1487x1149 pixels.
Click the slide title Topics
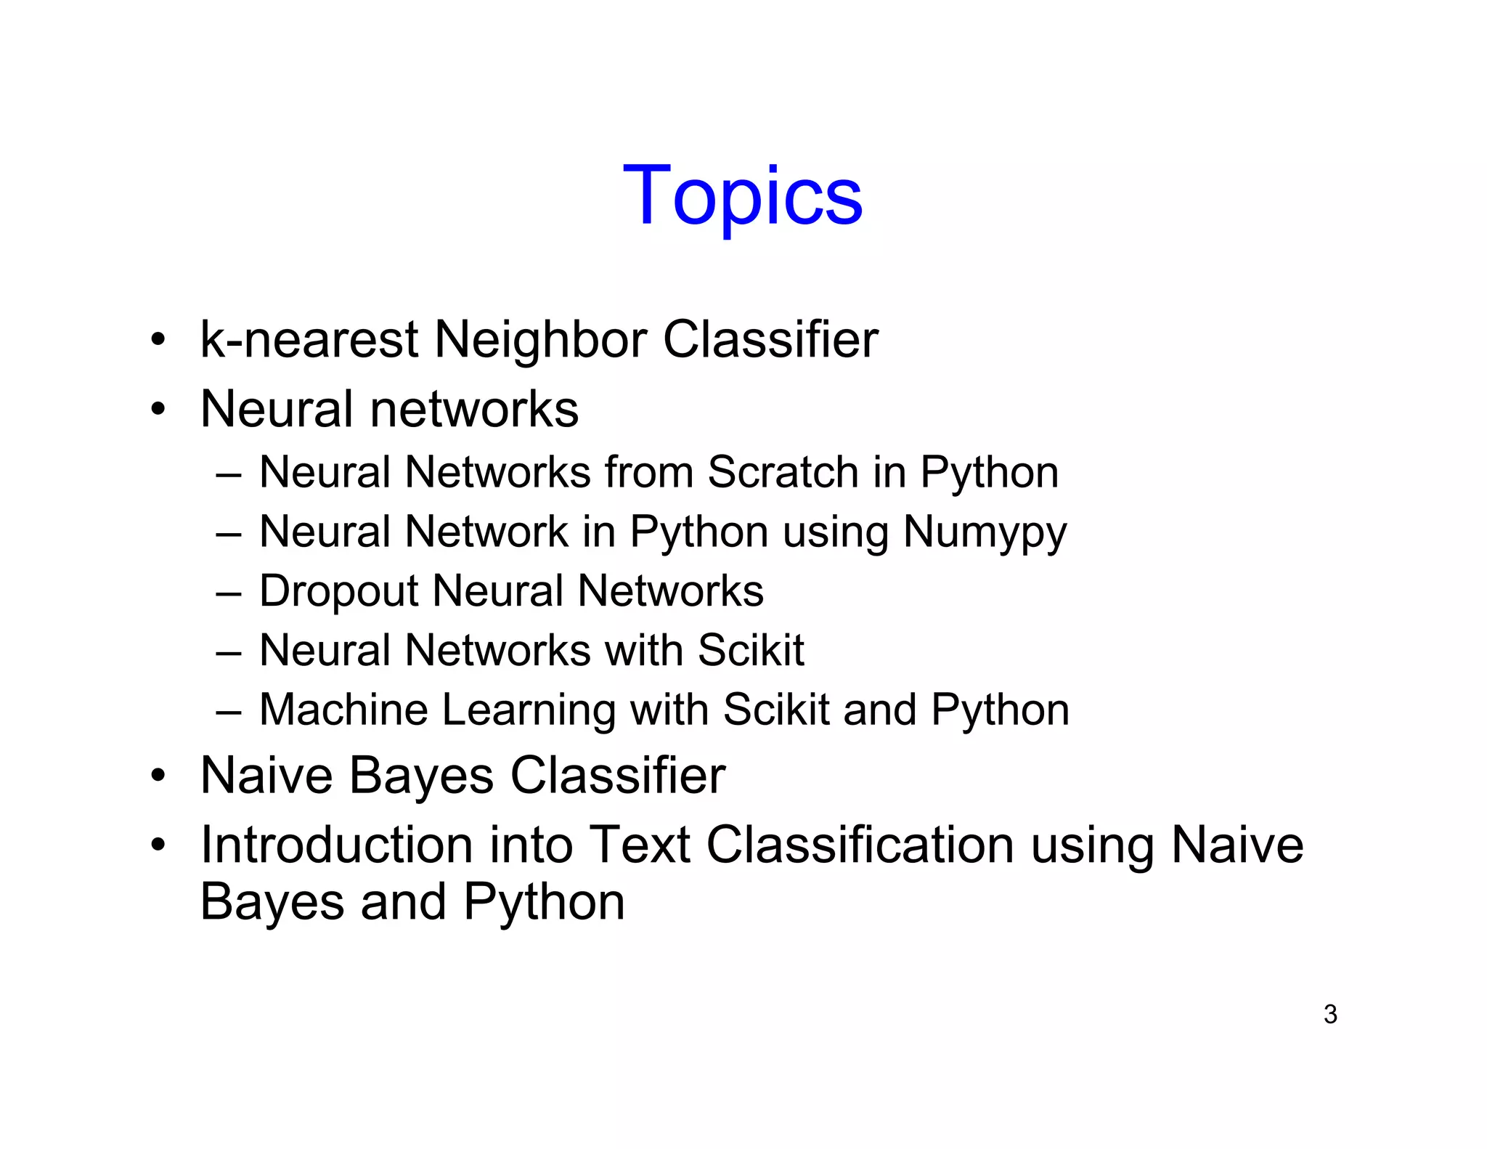[743, 196]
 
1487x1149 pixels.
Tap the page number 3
[1330, 1014]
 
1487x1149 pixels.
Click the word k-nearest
[309, 340]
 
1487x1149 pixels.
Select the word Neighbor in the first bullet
[540, 340]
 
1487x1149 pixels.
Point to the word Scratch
[783, 472]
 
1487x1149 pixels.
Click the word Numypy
[985, 533]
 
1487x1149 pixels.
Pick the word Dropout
[338, 591]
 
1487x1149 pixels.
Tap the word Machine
[343, 710]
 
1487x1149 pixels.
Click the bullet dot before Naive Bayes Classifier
[158, 776]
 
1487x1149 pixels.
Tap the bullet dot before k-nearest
[158, 340]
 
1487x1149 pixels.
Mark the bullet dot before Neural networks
[158, 409]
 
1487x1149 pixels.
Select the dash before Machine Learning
[228, 711]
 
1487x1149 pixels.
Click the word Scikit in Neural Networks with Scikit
[750, 650]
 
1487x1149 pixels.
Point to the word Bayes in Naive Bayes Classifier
[422, 776]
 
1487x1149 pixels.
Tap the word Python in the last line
[544, 902]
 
